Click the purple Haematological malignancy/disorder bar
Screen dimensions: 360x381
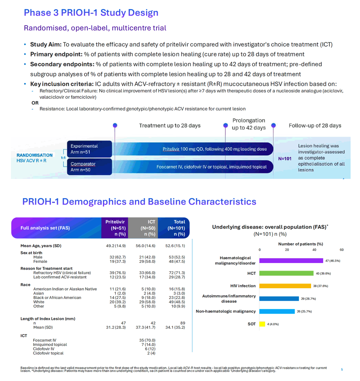pos(291,261)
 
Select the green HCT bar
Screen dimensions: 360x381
pos(286,273)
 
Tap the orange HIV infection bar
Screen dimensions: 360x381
pos(285,286)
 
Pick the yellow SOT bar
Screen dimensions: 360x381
pos(262,324)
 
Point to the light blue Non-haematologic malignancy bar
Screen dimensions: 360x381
pos(277,311)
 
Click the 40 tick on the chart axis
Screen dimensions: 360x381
pos(314,250)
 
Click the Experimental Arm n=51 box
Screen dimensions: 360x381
pos(89,149)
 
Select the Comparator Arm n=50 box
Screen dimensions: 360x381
pos(89,167)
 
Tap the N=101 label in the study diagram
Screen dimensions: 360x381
pos(285,159)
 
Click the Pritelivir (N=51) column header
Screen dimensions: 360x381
pos(115,228)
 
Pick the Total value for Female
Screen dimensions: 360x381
pos(177,262)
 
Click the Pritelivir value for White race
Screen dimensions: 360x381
pos(117,302)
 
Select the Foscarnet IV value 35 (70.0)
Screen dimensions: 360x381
pos(147,340)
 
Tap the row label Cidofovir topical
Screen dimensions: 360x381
pos(48,353)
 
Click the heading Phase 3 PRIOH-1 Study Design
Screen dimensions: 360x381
pos(91,13)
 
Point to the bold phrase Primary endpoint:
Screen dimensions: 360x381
pos(56,54)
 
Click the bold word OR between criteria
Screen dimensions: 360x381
pos(35,103)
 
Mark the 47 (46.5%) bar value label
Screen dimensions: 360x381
pos(333,261)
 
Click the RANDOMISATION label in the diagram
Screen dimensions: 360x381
pos(34,155)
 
